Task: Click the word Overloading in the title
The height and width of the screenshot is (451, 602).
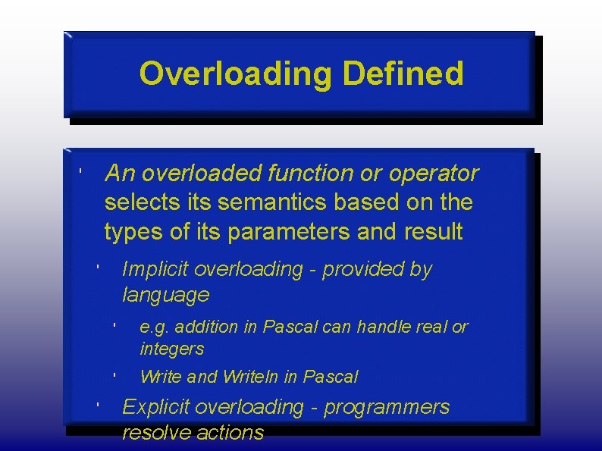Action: pyautogui.click(x=237, y=74)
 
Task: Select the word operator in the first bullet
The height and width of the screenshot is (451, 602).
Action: pyautogui.click(x=434, y=174)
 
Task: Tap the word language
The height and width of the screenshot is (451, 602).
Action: pyautogui.click(x=165, y=294)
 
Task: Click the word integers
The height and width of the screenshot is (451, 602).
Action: pyautogui.click(x=172, y=349)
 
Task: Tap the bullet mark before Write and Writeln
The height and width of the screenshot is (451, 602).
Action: pyautogui.click(x=112, y=374)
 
